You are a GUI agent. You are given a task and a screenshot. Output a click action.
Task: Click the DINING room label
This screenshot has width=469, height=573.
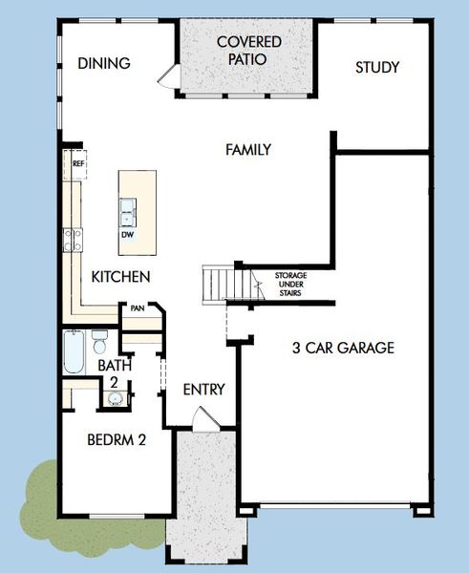click(x=103, y=64)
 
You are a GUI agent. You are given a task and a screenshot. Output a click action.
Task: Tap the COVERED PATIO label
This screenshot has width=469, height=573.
click(x=248, y=51)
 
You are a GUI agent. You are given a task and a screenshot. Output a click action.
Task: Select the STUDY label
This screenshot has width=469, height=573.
click(x=376, y=68)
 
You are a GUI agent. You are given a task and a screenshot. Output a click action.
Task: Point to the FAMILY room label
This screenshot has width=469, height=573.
click(x=248, y=150)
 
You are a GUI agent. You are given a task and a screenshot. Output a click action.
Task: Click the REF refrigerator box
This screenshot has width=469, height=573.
click(x=77, y=164)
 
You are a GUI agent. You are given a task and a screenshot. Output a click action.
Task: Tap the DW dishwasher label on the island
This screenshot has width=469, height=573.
click(x=127, y=234)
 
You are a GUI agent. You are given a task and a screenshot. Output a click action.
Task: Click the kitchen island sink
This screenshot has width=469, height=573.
click(x=127, y=207)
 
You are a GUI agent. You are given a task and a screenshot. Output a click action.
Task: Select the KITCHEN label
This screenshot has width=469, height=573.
click(x=120, y=277)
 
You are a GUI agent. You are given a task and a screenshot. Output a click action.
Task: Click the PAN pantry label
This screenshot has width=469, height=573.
click(x=138, y=308)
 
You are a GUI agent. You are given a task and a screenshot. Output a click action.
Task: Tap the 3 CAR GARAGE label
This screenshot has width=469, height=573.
click(x=342, y=348)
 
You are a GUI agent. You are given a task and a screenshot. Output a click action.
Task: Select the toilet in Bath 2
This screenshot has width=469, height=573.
click(x=99, y=341)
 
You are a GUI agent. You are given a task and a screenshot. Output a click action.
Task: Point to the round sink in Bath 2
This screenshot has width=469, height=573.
click(x=116, y=399)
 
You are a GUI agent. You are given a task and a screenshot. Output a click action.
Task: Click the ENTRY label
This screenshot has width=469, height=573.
click(x=203, y=390)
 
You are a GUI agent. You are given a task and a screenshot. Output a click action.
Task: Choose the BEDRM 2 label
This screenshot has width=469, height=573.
click(x=116, y=441)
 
